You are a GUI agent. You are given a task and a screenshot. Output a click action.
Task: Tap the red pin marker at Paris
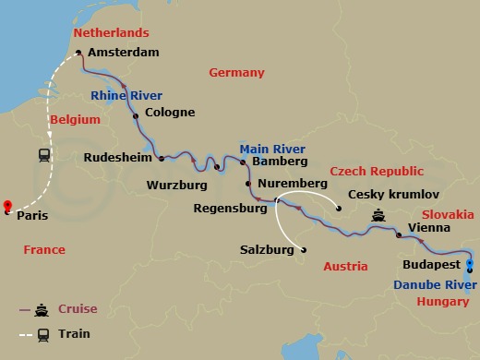pyautogui.click(x=7, y=207)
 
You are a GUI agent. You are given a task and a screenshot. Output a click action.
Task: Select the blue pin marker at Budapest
pyautogui.click(x=470, y=264)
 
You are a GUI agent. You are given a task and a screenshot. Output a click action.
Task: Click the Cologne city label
pyautogui.click(x=171, y=113)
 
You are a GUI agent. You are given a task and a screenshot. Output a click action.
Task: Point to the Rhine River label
pyautogui.click(x=127, y=95)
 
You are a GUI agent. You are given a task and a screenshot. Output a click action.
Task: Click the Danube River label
pyautogui.click(x=430, y=284)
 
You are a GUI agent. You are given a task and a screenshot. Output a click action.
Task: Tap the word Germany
pyautogui.click(x=236, y=72)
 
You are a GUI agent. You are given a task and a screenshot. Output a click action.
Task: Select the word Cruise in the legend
pyautogui.click(x=78, y=308)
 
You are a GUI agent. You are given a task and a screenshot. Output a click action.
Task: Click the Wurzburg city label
pyautogui.click(x=177, y=185)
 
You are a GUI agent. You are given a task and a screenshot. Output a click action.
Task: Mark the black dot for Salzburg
pyautogui.click(x=304, y=249)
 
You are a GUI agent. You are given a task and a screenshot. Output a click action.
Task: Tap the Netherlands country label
pyautogui.click(x=110, y=33)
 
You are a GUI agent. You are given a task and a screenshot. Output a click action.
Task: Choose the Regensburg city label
pyautogui.click(x=230, y=208)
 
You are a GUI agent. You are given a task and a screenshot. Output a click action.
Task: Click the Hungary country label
pyautogui.click(x=443, y=301)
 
